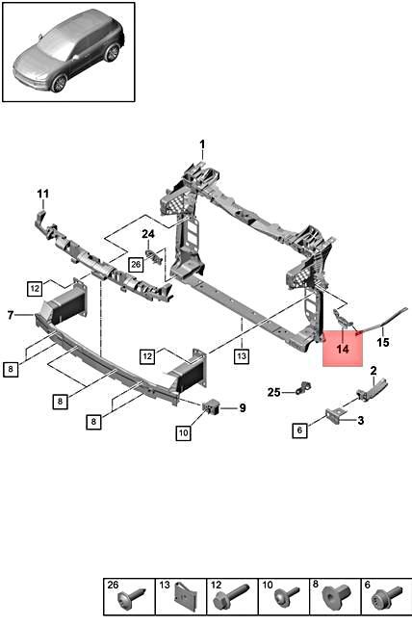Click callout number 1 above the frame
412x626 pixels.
click(x=202, y=145)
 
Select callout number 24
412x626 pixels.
click(x=148, y=234)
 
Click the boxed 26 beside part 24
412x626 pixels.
click(x=136, y=264)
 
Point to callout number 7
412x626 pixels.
click(x=10, y=314)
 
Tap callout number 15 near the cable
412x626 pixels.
click(x=382, y=342)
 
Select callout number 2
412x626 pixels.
click(x=373, y=371)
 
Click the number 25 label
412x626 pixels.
click(x=273, y=391)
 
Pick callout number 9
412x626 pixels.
click(x=242, y=407)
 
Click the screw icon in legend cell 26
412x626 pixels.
click(x=128, y=601)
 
